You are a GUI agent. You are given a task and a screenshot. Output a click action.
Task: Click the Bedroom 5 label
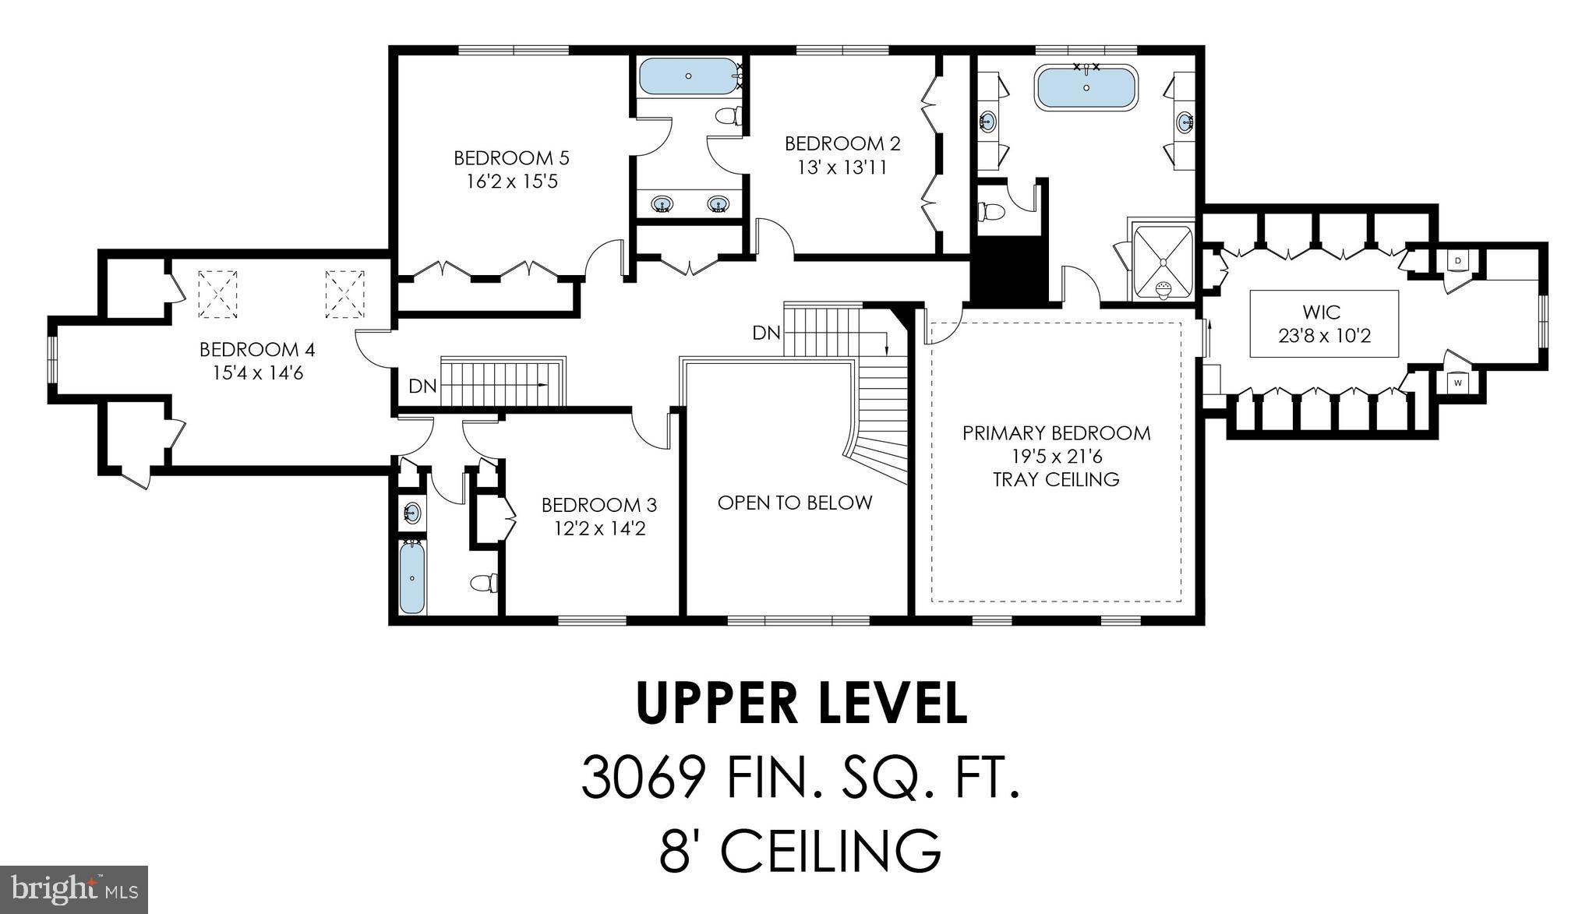point(511,158)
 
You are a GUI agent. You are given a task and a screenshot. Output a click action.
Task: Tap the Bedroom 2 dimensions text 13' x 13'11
point(842,168)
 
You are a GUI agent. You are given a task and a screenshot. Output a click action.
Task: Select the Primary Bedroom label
point(1056,433)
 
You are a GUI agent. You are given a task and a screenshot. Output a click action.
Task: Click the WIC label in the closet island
point(1323,312)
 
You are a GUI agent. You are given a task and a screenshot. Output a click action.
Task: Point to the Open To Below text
point(794,503)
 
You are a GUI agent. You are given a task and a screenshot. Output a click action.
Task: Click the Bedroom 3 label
point(598,505)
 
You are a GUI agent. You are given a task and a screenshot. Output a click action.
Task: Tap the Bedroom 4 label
point(257,349)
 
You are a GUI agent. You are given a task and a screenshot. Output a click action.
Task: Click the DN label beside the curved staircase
point(766,333)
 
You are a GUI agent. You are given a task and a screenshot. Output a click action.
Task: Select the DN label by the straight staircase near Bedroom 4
point(422,386)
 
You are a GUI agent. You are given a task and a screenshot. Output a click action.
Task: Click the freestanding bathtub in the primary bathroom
point(1086,88)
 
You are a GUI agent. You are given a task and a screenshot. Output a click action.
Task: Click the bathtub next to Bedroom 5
point(688,76)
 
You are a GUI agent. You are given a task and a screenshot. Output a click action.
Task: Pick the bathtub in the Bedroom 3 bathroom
point(412,577)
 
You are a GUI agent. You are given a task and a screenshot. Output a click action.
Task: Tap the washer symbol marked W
point(1457,383)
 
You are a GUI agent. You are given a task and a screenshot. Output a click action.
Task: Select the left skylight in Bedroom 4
point(217,294)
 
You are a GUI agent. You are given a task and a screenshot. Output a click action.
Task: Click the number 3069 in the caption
point(643,778)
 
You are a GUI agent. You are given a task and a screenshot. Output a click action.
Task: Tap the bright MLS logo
point(74,889)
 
